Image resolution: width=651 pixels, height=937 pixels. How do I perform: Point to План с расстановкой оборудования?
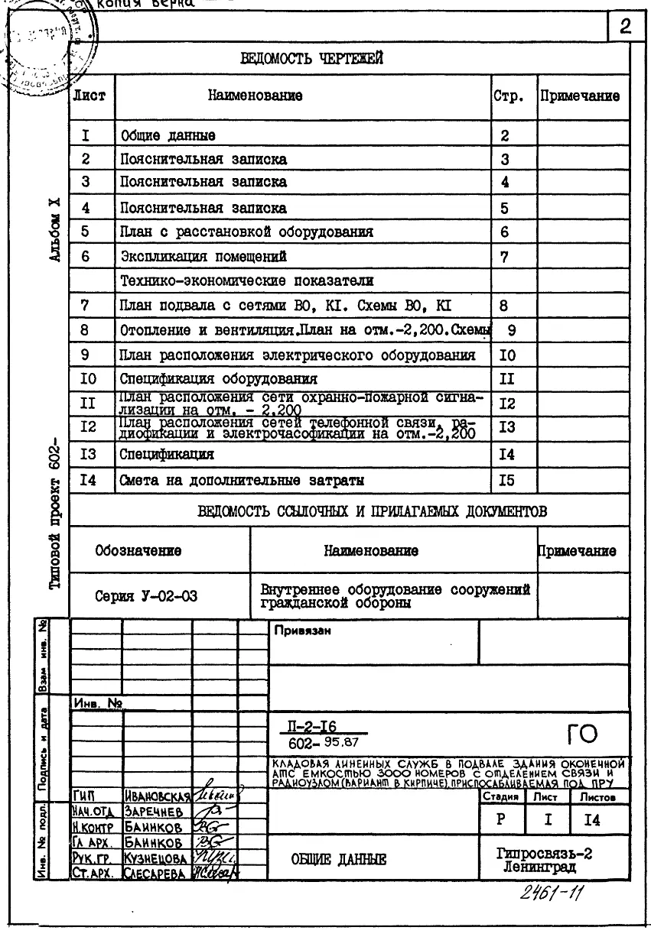246,232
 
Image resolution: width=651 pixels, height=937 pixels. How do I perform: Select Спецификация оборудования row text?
219,378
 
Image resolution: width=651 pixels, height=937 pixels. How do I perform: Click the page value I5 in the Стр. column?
507,481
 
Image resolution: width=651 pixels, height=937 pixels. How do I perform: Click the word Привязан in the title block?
296,631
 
